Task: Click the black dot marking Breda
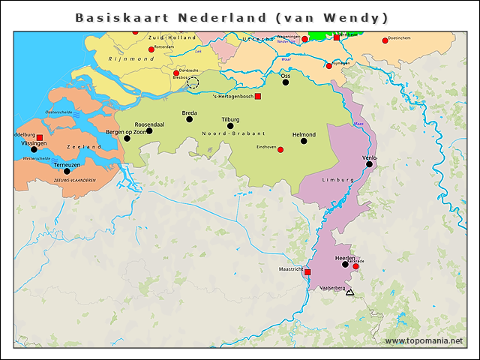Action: tap(189, 119)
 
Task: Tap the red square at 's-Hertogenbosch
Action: tap(258, 97)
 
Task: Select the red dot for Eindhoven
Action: tap(280, 150)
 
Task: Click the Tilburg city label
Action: tap(230, 119)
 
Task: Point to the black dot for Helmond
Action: tap(304, 141)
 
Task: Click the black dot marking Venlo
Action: tap(369, 164)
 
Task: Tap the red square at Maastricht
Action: tap(307, 272)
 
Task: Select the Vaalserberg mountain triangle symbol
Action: tap(349, 292)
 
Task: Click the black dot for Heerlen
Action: tap(345, 264)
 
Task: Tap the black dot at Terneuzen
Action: tap(67, 171)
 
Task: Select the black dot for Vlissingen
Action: tap(34, 149)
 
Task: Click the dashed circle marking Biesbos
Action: tap(193, 82)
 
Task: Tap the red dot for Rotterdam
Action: tap(151, 49)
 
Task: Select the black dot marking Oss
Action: tap(285, 82)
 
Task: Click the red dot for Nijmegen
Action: tap(328, 66)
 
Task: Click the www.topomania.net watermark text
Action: tap(424, 341)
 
